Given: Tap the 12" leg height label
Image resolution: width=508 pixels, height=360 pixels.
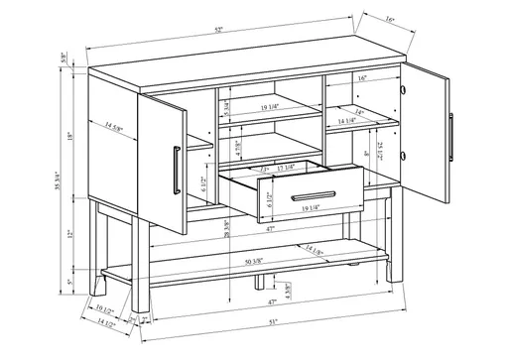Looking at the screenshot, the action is coord(69,235).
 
